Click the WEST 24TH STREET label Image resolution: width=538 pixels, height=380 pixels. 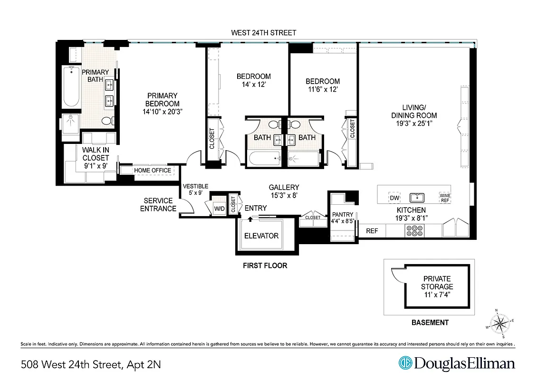[x=263, y=33]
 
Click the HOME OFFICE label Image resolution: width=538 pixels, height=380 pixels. [x=152, y=171]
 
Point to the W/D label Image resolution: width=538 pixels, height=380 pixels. [x=219, y=209]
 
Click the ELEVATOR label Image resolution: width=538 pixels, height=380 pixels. [x=261, y=236]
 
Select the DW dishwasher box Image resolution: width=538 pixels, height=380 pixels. [x=394, y=198]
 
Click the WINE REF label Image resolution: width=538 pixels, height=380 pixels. [x=444, y=198]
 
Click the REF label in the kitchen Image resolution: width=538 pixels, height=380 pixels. [x=372, y=231]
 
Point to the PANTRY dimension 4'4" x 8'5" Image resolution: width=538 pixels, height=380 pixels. [x=343, y=221]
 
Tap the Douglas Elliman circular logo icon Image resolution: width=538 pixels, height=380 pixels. [x=405, y=363]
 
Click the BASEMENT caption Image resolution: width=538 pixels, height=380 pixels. [x=429, y=323]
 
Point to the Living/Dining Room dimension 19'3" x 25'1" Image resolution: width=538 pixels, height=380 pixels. [x=413, y=123]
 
